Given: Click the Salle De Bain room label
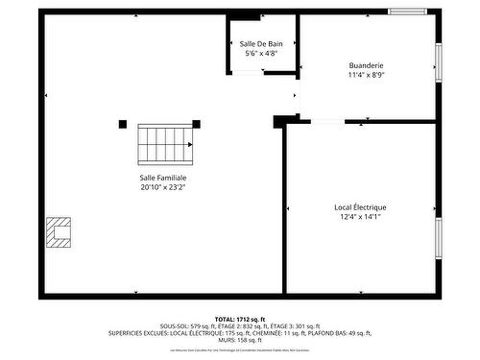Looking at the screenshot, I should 261,43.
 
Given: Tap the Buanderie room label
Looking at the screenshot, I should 366,65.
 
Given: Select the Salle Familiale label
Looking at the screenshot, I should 163,178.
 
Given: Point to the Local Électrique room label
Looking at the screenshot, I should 360,207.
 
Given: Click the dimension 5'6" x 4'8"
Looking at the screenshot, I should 261,54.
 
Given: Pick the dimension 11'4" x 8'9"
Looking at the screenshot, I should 366,76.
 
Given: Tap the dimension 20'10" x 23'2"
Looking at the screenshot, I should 163,188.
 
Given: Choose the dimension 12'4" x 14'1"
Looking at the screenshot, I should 360,218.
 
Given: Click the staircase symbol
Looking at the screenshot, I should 165,143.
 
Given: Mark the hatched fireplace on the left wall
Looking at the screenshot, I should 59,232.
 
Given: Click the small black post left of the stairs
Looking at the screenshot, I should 123,123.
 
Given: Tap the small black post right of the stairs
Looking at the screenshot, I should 197,122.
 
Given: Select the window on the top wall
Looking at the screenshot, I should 407,11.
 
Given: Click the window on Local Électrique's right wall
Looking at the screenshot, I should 439,239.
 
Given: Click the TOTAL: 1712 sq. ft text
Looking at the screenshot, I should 239,319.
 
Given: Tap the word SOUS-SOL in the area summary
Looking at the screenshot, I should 177,326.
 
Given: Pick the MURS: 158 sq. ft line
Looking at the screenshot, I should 239,340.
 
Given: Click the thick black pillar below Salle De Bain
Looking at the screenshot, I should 280,121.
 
